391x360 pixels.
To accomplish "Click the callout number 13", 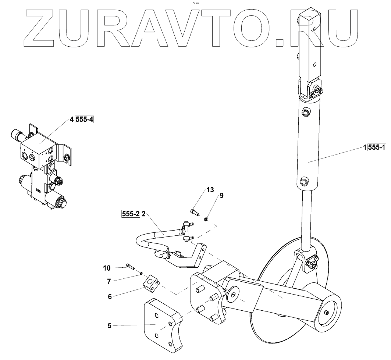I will pos(210,190).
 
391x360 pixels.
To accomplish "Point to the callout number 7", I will pos(109,281).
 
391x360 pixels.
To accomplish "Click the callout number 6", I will pos(109,296).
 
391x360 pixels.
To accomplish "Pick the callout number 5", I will pos(109,325).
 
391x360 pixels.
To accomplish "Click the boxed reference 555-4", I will pos(84,120).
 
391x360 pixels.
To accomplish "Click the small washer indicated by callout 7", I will pos(141,274).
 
